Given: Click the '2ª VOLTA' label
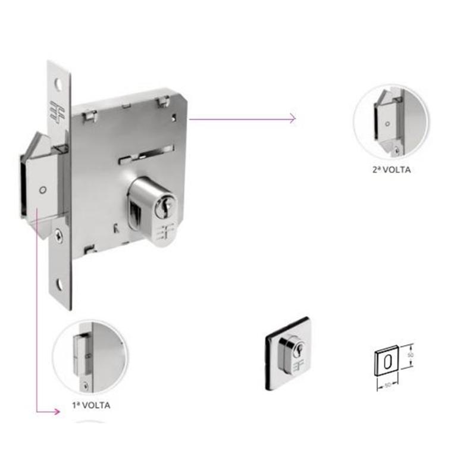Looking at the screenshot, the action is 392,170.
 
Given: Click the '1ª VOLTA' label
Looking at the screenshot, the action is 91,405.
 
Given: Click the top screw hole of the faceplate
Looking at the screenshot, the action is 59,84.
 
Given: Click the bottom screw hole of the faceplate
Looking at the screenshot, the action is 58,284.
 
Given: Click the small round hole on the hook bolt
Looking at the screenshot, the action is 43,190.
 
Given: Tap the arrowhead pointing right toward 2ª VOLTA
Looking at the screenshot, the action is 293,118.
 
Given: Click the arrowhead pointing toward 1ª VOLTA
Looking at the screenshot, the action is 57,412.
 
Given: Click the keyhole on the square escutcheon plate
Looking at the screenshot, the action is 299,349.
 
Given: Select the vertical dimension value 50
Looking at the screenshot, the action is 411,355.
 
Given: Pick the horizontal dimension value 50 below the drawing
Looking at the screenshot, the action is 387,386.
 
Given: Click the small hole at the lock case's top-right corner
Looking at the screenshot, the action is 174,117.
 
